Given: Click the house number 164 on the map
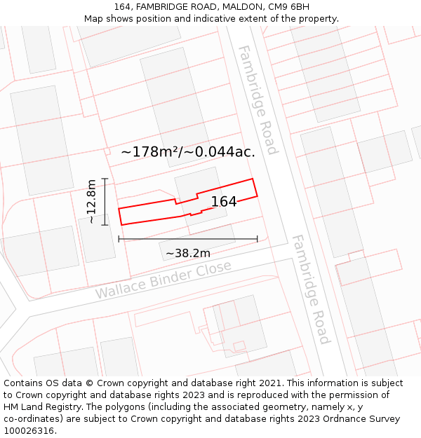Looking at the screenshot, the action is click(224, 202).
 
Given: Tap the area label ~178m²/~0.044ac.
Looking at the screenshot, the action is click(188, 151).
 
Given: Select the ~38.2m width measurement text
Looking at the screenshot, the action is click(187, 253).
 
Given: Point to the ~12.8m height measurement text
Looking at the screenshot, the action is click(91, 201).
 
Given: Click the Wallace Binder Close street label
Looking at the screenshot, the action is click(163, 280).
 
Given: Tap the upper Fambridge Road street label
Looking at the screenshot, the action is click(258, 100).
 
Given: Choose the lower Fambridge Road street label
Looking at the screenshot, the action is click(310, 289).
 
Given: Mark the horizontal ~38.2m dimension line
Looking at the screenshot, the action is click(187, 239).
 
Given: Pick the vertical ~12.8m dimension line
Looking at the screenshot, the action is click(105, 201).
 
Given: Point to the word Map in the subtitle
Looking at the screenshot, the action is click(94, 19).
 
